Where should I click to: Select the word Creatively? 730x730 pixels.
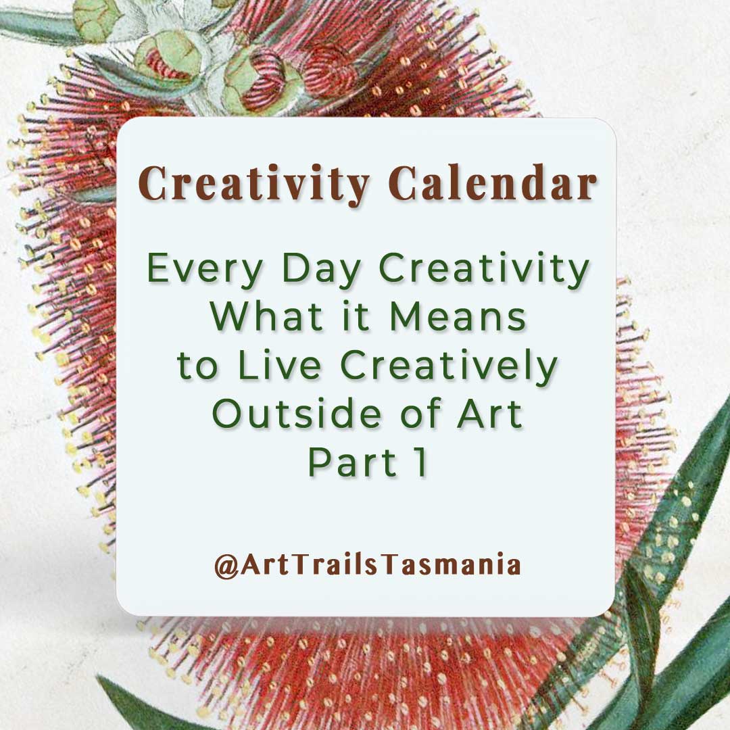449,366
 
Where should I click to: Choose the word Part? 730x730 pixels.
351,462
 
